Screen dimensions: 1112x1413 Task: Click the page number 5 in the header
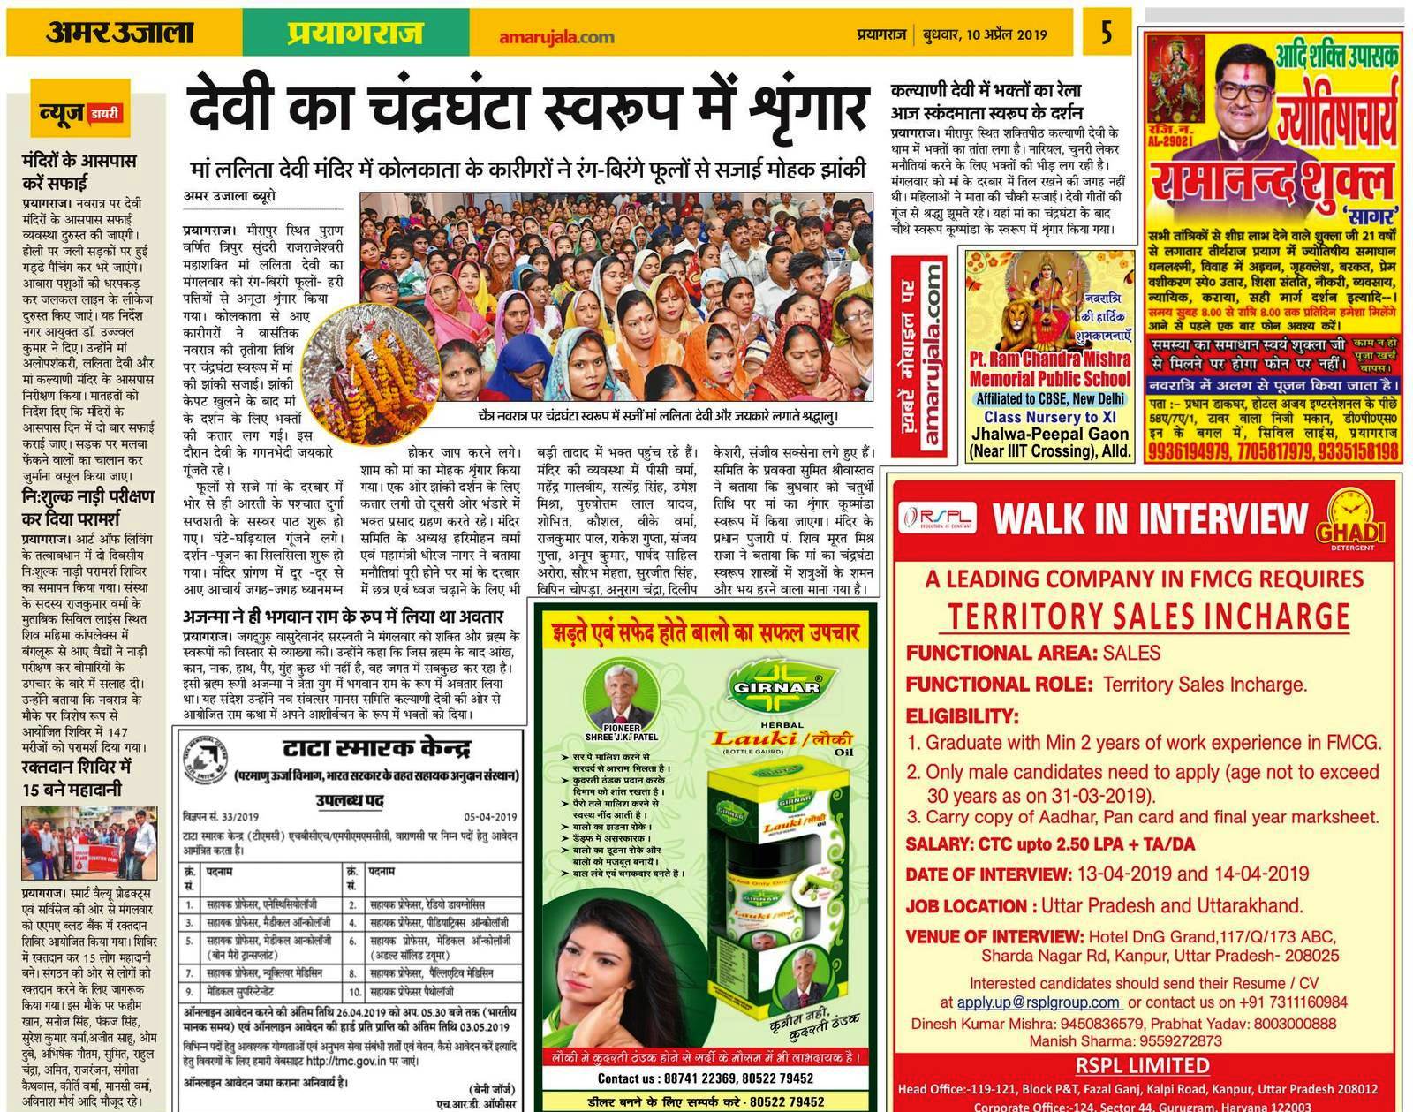(x=1106, y=35)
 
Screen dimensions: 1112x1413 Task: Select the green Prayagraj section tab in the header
(x=354, y=34)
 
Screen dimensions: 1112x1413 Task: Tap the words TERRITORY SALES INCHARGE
(x=1149, y=617)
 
